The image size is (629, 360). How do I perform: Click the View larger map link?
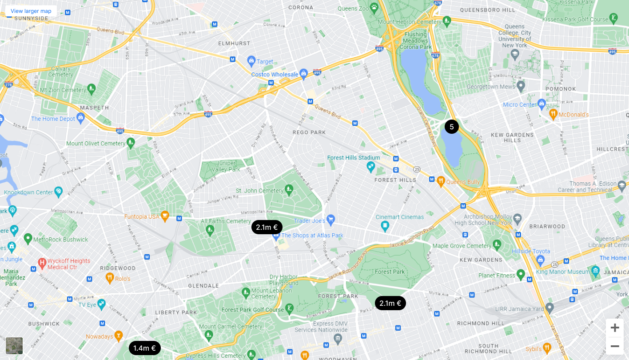[31, 11]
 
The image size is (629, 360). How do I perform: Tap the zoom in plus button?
[615, 328]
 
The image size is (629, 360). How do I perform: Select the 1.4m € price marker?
[144, 348]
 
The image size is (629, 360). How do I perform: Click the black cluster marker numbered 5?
[452, 127]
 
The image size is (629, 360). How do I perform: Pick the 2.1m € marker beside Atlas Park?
[267, 227]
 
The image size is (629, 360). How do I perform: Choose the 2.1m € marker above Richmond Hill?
[390, 303]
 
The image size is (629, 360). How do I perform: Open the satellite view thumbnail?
[14, 345]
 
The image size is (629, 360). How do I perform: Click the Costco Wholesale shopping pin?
[304, 73]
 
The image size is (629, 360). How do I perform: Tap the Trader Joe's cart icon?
[330, 219]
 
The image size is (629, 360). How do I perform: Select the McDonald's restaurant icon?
[553, 114]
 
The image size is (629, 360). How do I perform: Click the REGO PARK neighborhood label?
[309, 132]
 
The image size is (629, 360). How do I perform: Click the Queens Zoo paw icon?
[374, 8]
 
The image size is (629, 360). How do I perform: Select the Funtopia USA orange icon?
[165, 216]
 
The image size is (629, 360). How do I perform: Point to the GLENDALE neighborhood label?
[203, 286]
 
